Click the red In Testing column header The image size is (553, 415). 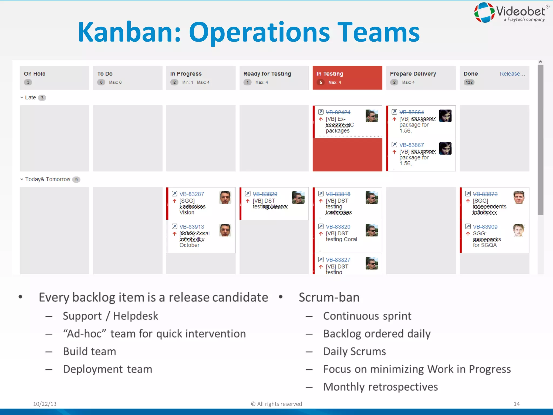347,78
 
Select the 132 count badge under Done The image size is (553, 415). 469,82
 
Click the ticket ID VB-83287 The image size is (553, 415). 192,194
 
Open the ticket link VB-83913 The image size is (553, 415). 192,227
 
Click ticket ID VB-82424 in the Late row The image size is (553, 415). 338,112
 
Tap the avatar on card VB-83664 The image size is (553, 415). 445,116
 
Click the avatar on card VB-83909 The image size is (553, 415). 518,230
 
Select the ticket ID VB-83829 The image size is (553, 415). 265,194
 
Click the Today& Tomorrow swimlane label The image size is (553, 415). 48,179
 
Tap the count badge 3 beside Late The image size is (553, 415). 42,98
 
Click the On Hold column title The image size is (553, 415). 35,74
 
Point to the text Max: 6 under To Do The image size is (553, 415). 115,82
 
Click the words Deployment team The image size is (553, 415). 107,369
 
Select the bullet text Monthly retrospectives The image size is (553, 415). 380,387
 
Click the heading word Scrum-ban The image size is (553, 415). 329,297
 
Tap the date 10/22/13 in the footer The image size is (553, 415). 45,404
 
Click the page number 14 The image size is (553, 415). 516,404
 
